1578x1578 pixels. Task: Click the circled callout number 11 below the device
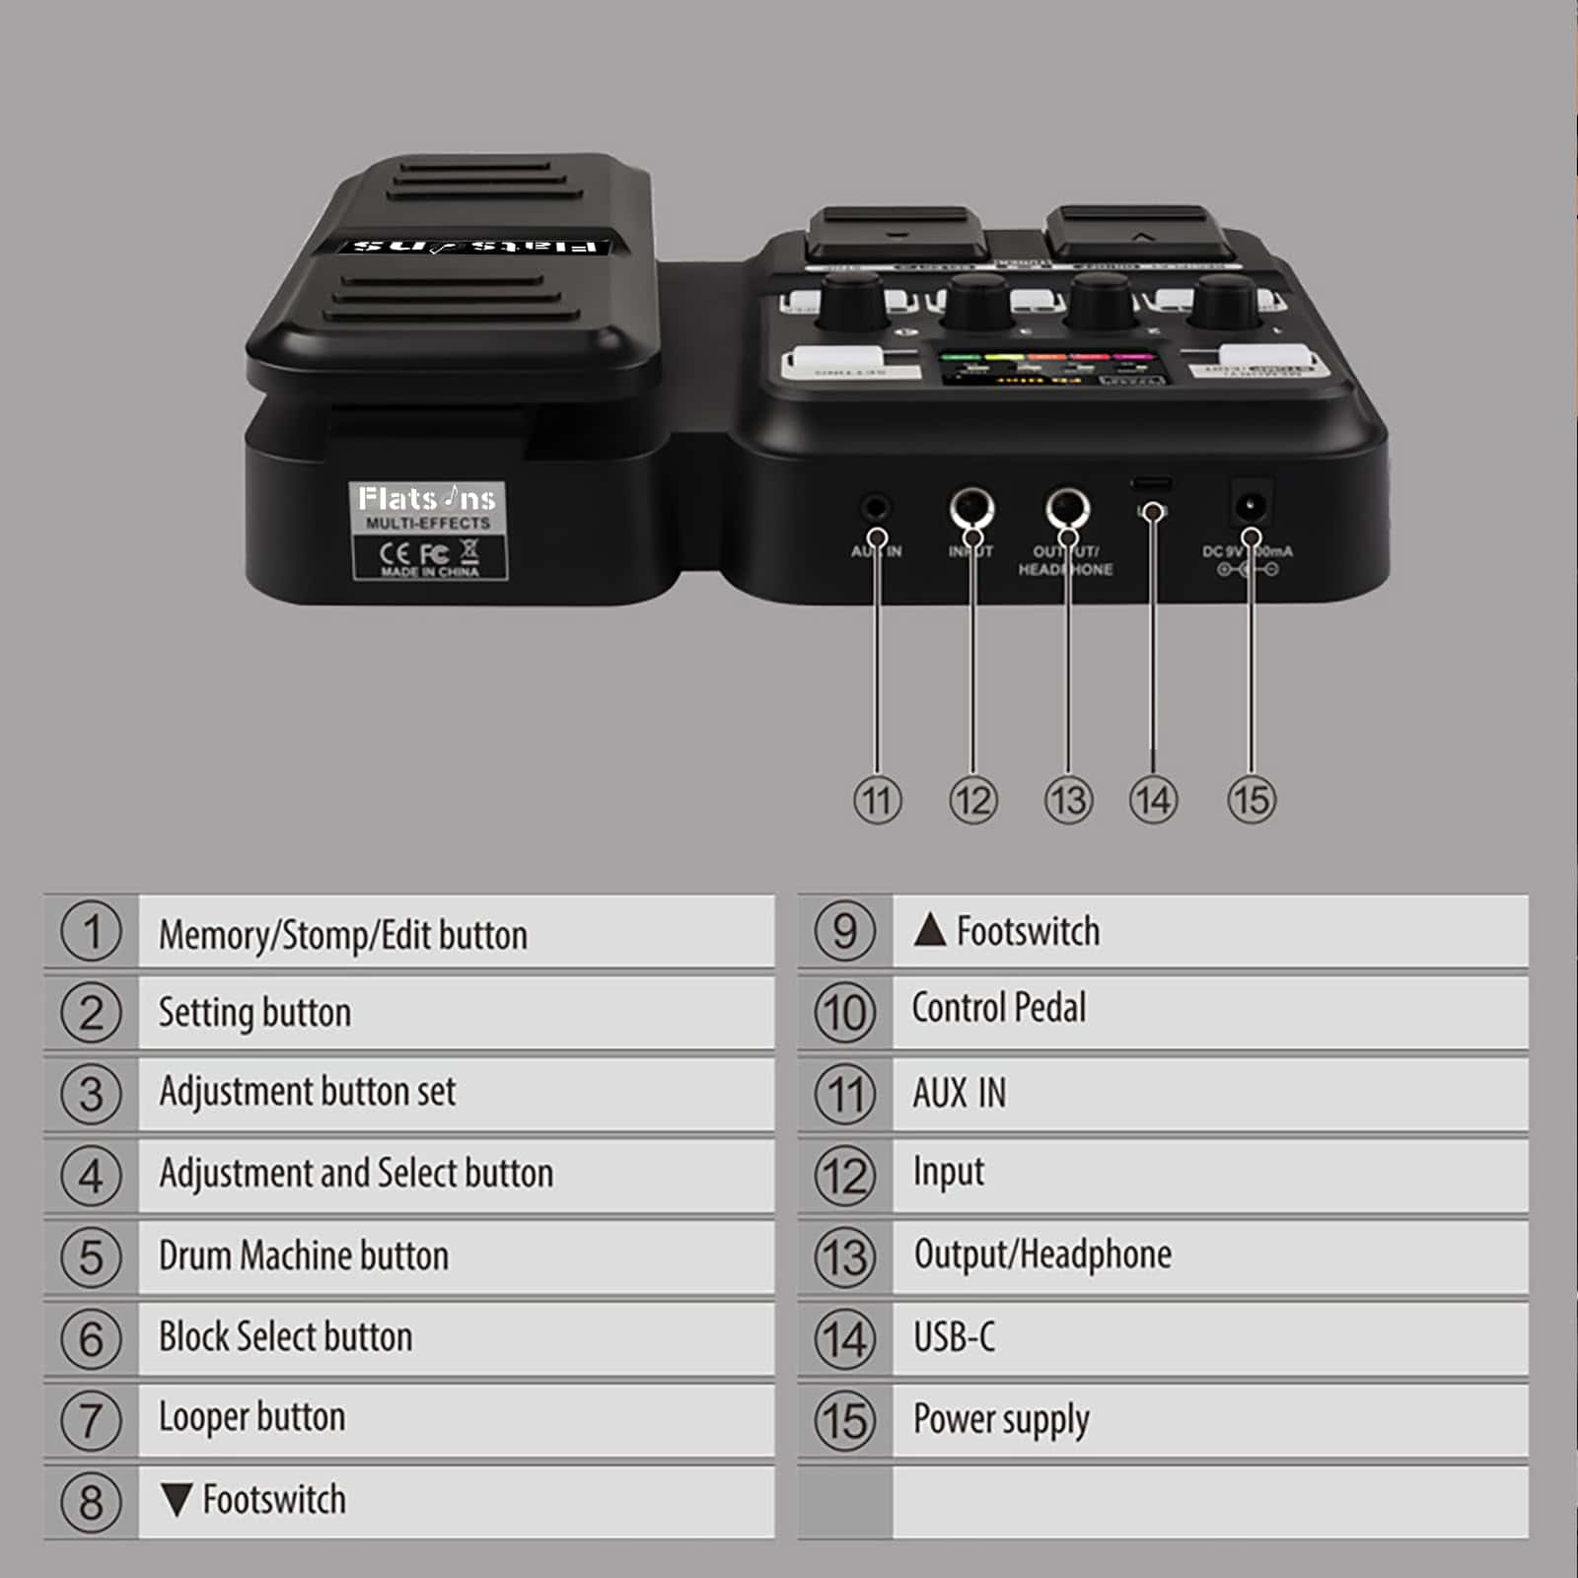click(877, 800)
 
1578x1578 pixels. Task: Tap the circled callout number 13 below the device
click(1068, 800)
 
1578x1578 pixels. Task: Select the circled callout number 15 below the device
click(1251, 800)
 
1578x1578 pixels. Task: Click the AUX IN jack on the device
click(875, 510)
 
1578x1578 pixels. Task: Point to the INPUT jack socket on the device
click(971, 509)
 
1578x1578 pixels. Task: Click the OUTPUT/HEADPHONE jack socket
click(1067, 509)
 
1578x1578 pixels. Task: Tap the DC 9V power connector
click(1251, 507)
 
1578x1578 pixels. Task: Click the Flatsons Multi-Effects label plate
click(428, 530)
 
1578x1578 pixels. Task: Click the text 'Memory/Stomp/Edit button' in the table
click(343, 934)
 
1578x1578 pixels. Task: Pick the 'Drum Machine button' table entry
click(304, 1255)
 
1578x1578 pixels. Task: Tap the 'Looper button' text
click(252, 1417)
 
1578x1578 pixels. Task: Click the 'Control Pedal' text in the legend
click(998, 1008)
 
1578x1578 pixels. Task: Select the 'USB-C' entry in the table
click(954, 1337)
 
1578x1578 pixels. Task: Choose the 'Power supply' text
click(1001, 1419)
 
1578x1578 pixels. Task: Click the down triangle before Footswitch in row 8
click(177, 1499)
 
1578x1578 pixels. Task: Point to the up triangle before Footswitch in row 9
click(929, 930)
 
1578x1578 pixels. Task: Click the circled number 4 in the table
click(91, 1176)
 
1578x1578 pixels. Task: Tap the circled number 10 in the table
click(844, 1013)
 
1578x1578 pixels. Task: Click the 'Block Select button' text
click(286, 1336)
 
